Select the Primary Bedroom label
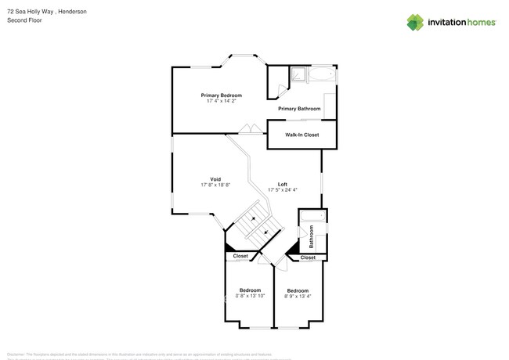[x=221, y=95]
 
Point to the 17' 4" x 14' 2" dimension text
[x=221, y=101]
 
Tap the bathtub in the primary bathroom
[x=322, y=75]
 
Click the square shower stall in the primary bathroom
[x=298, y=75]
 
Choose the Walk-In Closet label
[x=301, y=135]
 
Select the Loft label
[x=282, y=184]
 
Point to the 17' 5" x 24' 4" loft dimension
[x=282, y=190]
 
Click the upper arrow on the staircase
[x=254, y=220]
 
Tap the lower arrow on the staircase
[x=267, y=232]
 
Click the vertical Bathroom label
[x=311, y=237]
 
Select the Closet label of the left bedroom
[x=240, y=256]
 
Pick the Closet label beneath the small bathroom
[x=308, y=257]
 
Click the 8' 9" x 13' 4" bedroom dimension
[x=298, y=297]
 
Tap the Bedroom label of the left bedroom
[x=250, y=290]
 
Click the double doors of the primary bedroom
[x=249, y=128]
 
